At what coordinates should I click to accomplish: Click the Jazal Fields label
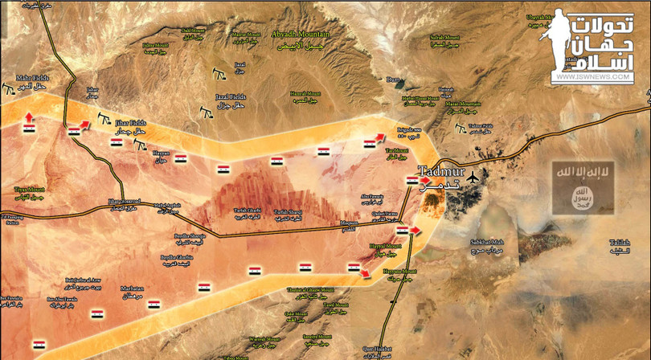tap(231, 96)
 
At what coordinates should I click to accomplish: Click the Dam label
tap(393, 80)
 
